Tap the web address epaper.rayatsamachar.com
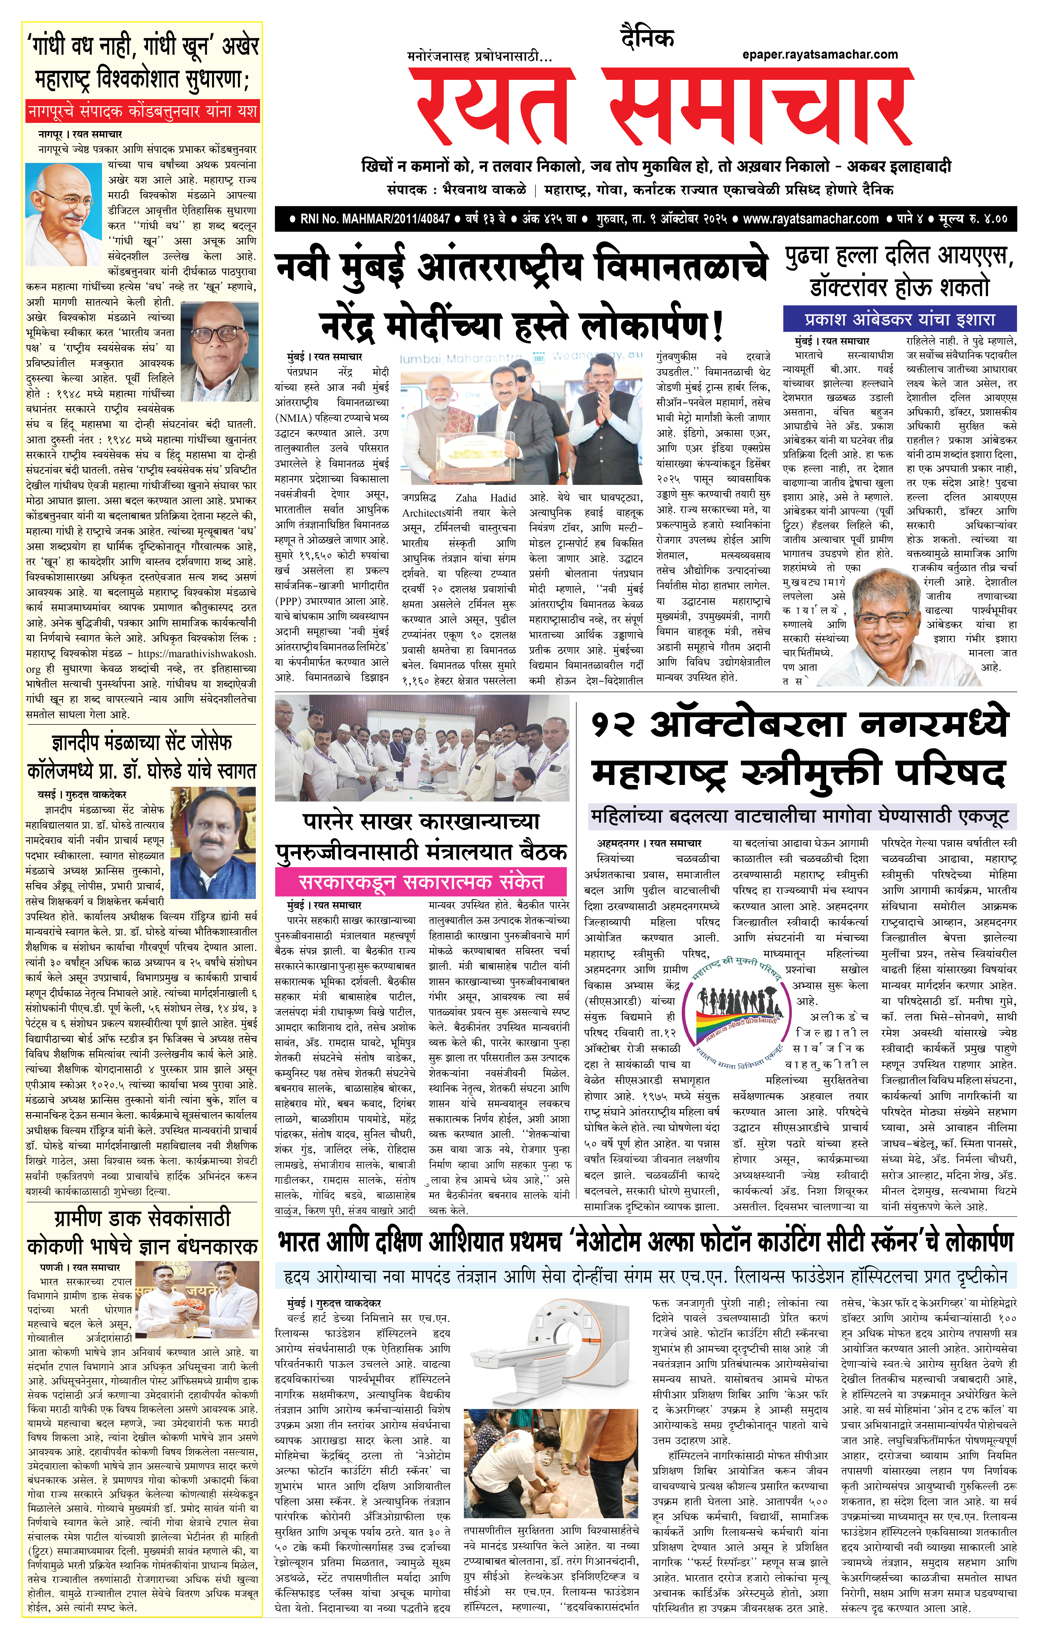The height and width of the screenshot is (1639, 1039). click(x=820, y=54)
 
